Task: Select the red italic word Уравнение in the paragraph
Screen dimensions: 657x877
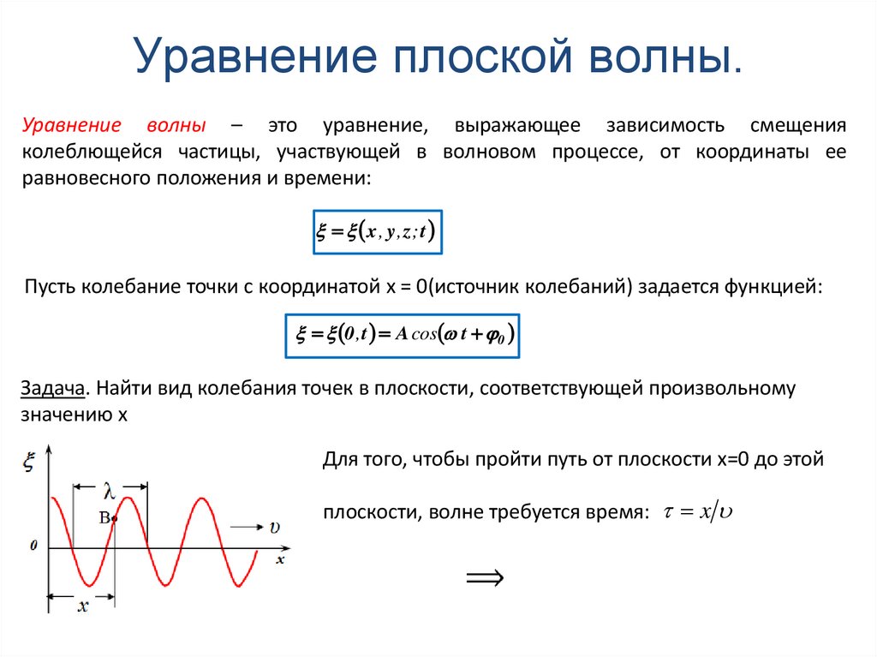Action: point(70,125)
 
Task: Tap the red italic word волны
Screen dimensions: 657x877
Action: point(176,125)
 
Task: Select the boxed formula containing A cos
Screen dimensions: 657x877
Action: point(402,335)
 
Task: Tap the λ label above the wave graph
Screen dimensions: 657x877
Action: point(109,491)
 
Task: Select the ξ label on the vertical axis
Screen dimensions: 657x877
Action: point(28,463)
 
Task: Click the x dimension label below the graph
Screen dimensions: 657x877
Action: point(83,606)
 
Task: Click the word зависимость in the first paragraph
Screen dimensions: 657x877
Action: point(653,125)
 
